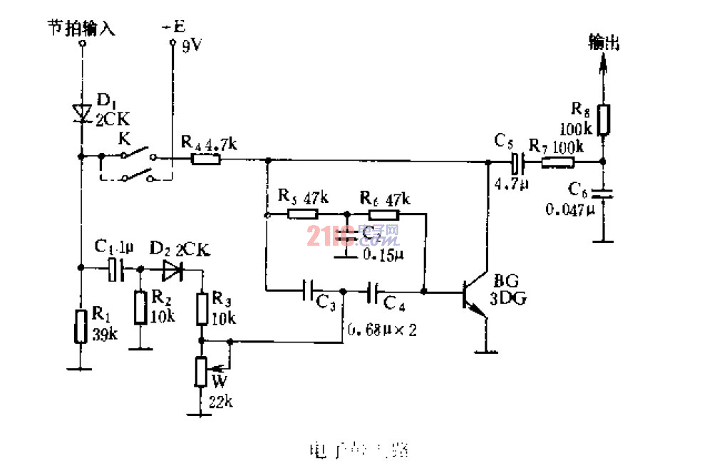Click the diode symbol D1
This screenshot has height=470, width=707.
pyautogui.click(x=81, y=112)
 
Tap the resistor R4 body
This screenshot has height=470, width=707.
pyautogui.click(x=206, y=160)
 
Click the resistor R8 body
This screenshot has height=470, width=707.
pyautogui.click(x=603, y=120)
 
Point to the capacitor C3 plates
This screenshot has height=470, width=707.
pyautogui.click(x=309, y=291)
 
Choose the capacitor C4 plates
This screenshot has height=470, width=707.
pyautogui.click(x=373, y=291)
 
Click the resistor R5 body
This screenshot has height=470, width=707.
pyautogui.click(x=301, y=214)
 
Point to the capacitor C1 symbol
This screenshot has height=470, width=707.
pyautogui.click(x=116, y=268)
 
